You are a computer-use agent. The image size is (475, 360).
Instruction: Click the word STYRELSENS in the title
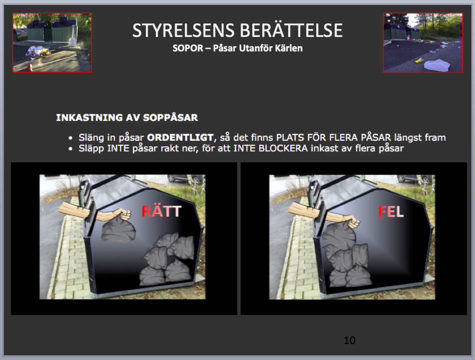(183, 30)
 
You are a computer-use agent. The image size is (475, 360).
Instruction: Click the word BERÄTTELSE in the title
(291, 30)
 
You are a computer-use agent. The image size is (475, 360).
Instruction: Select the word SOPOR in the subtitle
(188, 48)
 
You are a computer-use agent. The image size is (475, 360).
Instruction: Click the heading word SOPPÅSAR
(170, 117)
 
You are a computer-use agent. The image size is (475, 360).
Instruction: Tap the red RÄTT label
(161, 211)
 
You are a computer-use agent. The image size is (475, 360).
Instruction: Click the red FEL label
(391, 212)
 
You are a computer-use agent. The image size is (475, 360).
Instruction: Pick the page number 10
(350, 341)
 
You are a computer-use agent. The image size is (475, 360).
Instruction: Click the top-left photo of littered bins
(52, 42)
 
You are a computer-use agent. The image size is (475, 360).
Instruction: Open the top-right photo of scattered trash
(423, 43)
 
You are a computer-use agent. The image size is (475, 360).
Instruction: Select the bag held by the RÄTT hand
(118, 231)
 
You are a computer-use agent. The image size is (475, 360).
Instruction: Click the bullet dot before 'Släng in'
(70, 138)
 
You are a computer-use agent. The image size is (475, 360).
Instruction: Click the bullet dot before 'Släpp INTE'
(70, 149)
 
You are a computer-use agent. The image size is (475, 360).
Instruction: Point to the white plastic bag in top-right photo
(437, 65)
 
